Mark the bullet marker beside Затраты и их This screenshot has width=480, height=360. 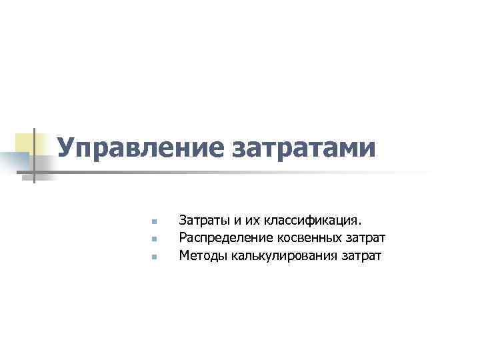(x=153, y=221)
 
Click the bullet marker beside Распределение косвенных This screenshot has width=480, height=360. (x=153, y=239)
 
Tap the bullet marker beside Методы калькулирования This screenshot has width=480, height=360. (x=153, y=256)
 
